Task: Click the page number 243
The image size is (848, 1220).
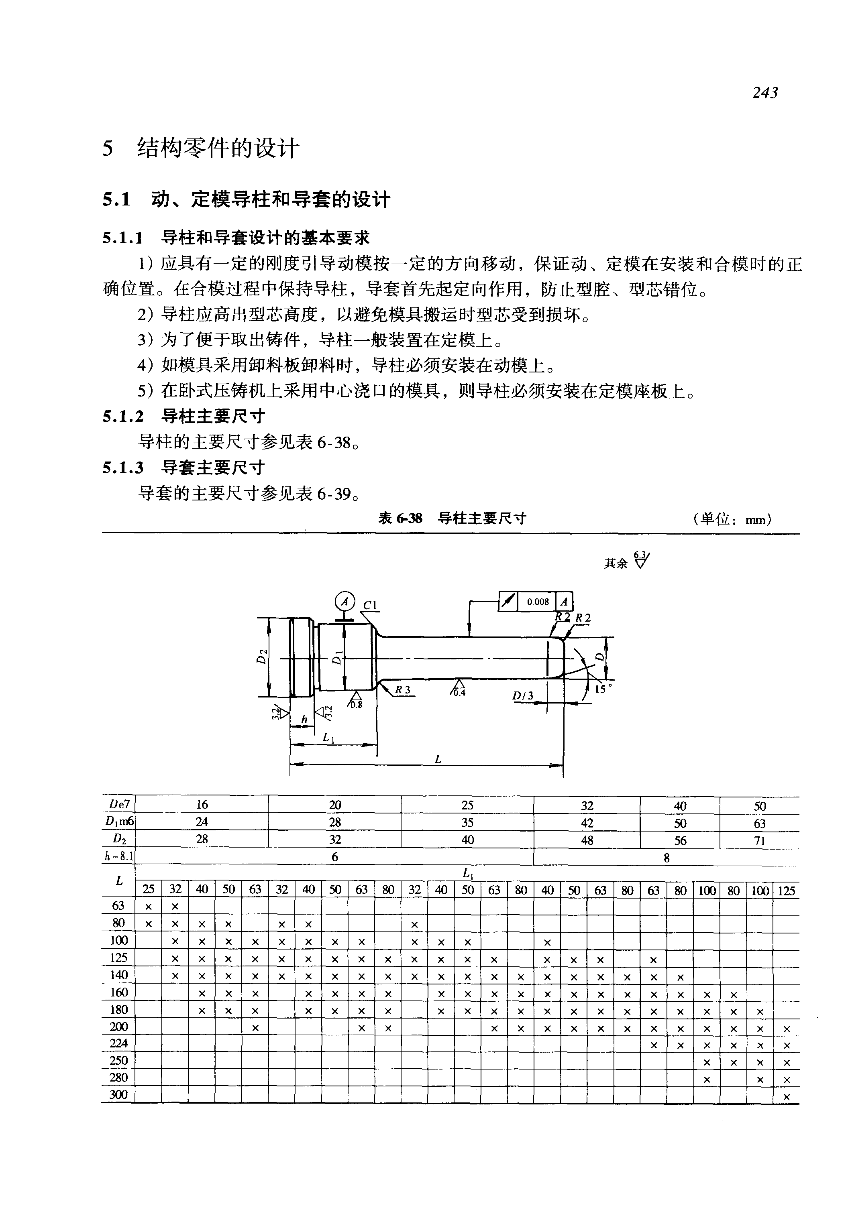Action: tap(764, 93)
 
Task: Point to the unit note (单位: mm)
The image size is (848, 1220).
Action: tap(732, 519)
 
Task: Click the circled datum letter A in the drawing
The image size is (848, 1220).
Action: tap(345, 602)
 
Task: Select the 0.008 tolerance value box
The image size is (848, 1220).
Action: tap(538, 602)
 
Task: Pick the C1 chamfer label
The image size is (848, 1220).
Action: tap(370, 606)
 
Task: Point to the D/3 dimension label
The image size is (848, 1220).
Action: tap(522, 696)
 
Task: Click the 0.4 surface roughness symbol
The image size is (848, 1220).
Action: tap(458, 689)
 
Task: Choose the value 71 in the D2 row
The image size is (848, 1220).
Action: tap(759, 840)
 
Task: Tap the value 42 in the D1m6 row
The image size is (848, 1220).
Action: tap(587, 823)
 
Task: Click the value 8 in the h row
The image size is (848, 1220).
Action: tap(666, 858)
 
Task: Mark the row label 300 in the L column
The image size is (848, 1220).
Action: tap(118, 1094)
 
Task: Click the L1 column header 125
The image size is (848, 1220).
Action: tap(786, 891)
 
